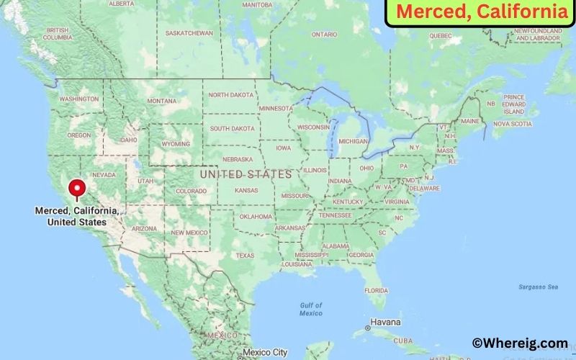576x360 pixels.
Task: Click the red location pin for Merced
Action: pos(76,188)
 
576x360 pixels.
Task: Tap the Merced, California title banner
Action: pos(481,12)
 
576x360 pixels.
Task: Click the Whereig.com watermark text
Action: pos(519,343)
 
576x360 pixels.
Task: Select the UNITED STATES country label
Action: pos(246,174)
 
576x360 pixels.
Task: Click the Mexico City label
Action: pos(266,352)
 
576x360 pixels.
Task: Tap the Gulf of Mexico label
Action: pos(311,309)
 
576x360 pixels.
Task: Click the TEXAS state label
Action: pos(245,255)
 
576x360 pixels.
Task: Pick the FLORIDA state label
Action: pos(375,290)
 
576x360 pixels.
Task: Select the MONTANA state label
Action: pos(161,101)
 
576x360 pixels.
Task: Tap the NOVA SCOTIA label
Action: pos(512,124)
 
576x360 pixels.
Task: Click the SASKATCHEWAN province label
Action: pos(189,33)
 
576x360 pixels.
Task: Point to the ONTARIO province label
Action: pos(324,34)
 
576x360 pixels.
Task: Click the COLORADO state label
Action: pos(191,191)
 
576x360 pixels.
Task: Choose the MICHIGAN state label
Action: pos(354,141)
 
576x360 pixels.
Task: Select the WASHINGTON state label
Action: pos(79,99)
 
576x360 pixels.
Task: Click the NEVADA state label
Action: pos(104,175)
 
